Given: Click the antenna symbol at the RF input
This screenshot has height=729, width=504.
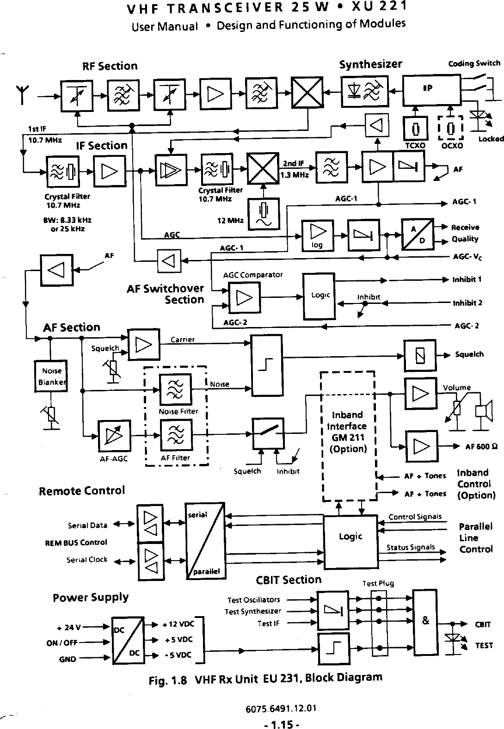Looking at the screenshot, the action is click(23, 94).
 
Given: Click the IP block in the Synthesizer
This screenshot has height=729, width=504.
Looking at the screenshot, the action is click(432, 90).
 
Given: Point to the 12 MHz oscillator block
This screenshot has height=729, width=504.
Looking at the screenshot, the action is click(263, 214).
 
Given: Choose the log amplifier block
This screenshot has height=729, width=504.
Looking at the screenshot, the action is click(318, 235).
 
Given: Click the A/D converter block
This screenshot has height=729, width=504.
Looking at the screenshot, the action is click(418, 235).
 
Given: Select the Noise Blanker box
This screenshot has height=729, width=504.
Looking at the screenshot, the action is click(51, 376).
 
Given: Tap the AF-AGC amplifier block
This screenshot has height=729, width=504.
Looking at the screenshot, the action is click(114, 436).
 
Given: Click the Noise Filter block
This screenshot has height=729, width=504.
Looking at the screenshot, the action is click(175, 389).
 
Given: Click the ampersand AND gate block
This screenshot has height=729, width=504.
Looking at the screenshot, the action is click(425, 623).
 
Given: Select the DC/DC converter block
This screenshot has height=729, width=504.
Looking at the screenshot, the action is click(128, 641).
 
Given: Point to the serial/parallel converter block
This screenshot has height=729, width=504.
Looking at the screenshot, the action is click(205, 541).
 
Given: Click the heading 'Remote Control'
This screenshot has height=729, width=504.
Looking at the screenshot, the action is click(82, 491).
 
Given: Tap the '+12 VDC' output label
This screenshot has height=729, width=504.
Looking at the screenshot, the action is click(178, 624).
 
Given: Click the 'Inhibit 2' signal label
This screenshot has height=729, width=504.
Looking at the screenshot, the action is click(467, 303).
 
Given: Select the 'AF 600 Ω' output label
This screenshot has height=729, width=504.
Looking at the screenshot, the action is click(481, 446).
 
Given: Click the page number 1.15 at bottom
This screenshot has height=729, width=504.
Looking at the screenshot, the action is click(282, 723).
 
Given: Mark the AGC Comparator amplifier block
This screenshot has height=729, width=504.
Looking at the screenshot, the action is click(244, 297).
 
